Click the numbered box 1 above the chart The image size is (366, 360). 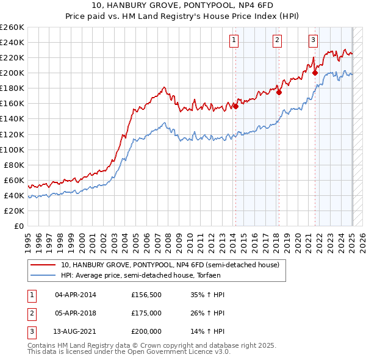pos(234,41)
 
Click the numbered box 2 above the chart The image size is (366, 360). pos(277,41)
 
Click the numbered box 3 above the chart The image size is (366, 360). pos(313,41)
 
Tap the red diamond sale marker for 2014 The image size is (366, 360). pos(235,106)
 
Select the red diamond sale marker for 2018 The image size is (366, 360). pos(279,92)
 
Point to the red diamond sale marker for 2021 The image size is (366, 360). pos(315,73)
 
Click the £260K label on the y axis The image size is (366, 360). pos(12,27)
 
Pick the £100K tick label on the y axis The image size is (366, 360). pos(12,149)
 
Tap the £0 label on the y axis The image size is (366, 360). pos(18,226)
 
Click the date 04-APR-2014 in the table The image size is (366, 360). pos(76,295)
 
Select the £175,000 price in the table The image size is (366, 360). pos(146,313)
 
